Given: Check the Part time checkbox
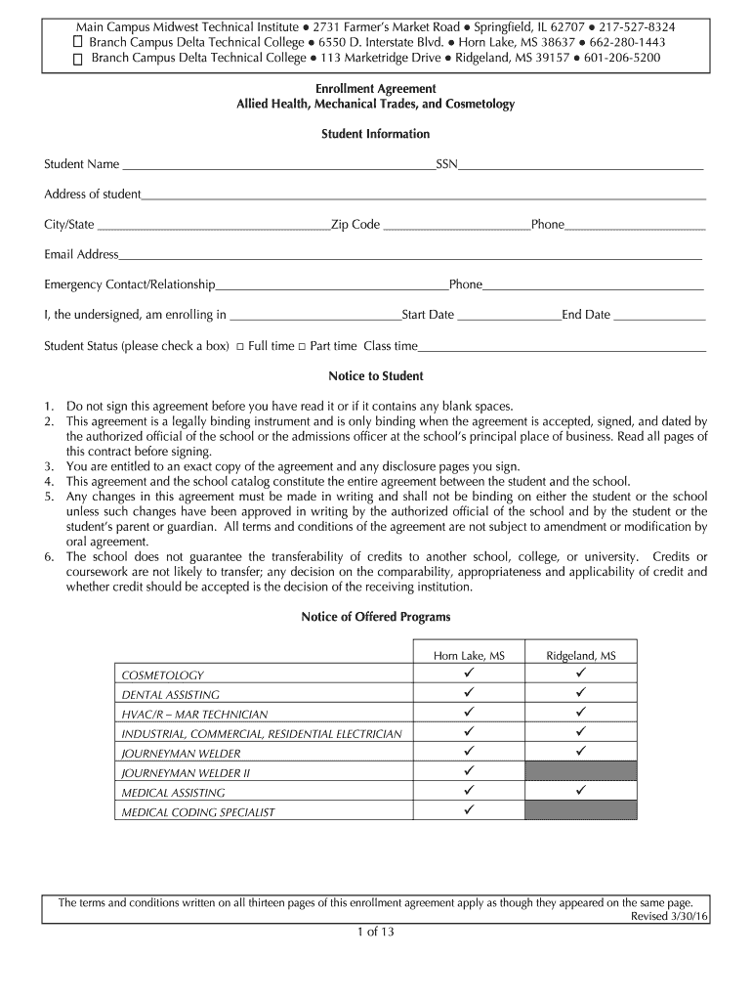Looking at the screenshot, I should point(302,347).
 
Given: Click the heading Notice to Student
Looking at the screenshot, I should point(376,376).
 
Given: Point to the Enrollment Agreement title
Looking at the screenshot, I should point(376,89).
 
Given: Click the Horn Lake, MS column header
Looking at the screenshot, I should point(470,656).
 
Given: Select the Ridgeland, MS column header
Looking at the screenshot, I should point(580,656).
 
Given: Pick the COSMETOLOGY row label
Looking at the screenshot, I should point(162,675).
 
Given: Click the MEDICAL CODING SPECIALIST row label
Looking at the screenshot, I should point(198,812).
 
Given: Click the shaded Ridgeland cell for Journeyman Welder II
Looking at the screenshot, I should point(580,772).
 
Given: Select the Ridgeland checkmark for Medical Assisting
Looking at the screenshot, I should point(580,791).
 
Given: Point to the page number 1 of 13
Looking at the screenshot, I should point(375,932).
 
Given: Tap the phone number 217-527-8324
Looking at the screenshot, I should point(641,26).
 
